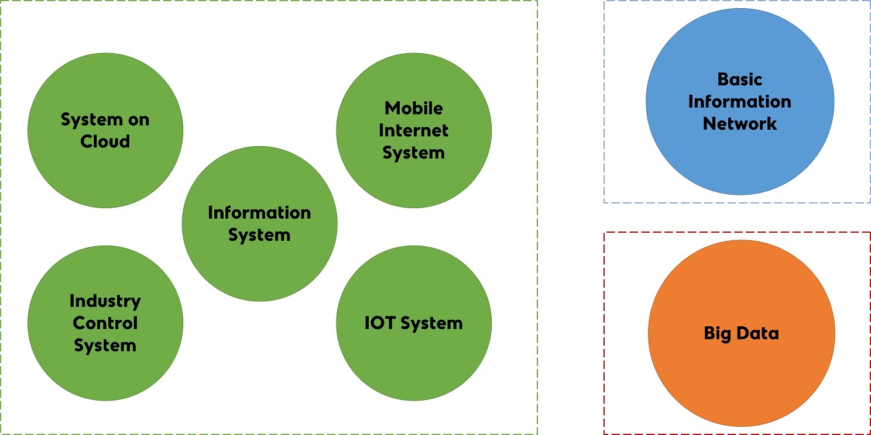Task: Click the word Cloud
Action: pyautogui.click(x=105, y=141)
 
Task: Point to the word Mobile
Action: pyautogui.click(x=414, y=108)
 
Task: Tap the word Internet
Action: pyautogui.click(x=414, y=130)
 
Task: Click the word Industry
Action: pyautogui.click(x=105, y=301)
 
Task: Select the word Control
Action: pyautogui.click(x=105, y=323)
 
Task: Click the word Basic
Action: pyautogui.click(x=740, y=79)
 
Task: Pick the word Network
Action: pyautogui.click(x=740, y=123)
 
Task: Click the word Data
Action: pyautogui.click(x=757, y=334)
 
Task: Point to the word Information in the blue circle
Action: pyautogui.click(x=740, y=101)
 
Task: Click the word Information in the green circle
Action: pyautogui.click(x=259, y=212)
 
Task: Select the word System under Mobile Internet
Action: pyautogui.click(x=414, y=153)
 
